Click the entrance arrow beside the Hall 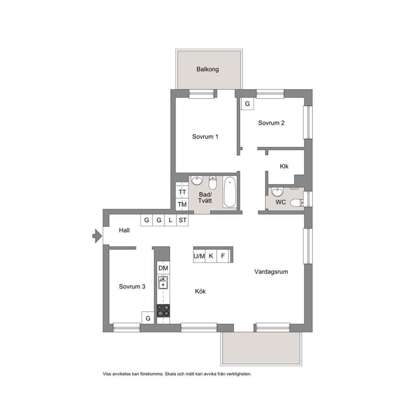coord(97,236)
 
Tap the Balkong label coord(207,69)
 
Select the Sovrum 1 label coord(205,136)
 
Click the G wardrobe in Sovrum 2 coord(248,104)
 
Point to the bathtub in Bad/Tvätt coord(230,192)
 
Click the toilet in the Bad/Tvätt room coord(213,182)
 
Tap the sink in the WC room coord(277,192)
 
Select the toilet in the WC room coord(297,203)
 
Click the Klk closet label coord(284,167)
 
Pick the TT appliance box coord(182,192)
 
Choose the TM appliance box coord(182,204)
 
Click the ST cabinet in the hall coord(182,220)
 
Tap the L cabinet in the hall coord(170,220)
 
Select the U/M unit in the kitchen coord(199,256)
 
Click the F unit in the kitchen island coord(223,256)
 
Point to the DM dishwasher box coord(163,268)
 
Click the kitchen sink coord(163,282)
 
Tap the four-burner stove coord(163,311)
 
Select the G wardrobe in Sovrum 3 coord(148,318)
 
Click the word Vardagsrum coord(271,272)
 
